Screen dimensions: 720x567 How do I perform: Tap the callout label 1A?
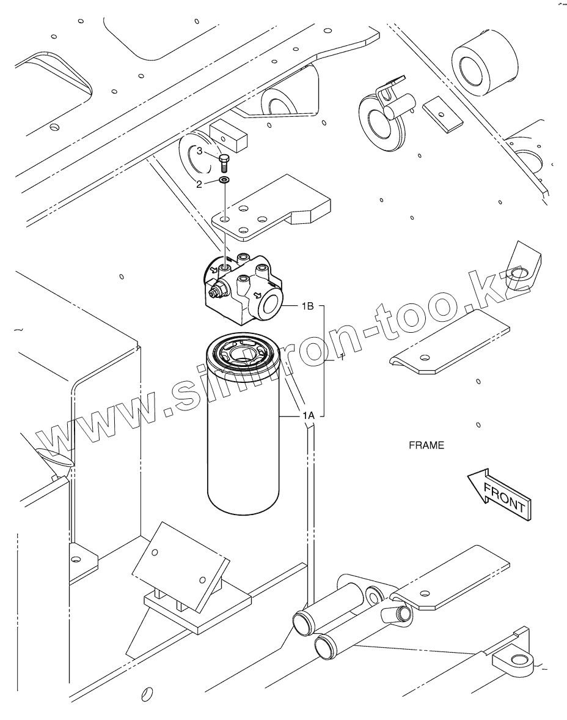tap(308, 415)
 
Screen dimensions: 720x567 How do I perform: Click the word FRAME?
tap(426, 445)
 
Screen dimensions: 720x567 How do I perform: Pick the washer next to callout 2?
tap(224, 181)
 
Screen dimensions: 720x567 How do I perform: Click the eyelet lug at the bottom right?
tap(517, 660)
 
